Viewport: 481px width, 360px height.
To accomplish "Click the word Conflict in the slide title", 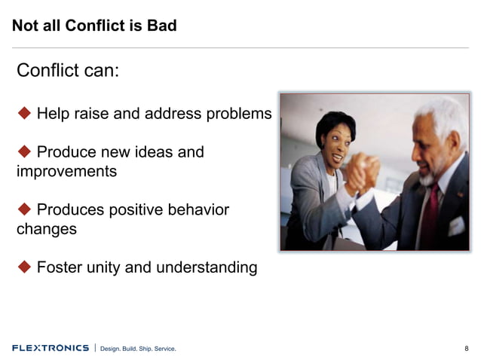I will [x=96, y=26].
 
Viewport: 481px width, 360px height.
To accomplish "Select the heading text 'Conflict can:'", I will [x=68, y=72].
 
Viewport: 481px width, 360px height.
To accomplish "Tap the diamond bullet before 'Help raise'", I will [x=24, y=114].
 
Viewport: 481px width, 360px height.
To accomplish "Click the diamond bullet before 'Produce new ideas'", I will [x=24, y=152].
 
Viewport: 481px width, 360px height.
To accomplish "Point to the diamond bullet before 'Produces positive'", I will [x=24, y=209].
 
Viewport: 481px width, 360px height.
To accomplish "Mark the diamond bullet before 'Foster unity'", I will [x=24, y=267].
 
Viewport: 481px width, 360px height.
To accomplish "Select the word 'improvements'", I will [x=66, y=171].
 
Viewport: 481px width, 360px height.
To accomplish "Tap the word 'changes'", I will [x=47, y=228].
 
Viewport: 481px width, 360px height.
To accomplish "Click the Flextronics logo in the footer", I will [x=50, y=348].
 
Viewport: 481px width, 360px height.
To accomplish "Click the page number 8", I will [x=466, y=349].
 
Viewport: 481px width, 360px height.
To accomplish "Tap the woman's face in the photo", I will [x=332, y=141].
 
